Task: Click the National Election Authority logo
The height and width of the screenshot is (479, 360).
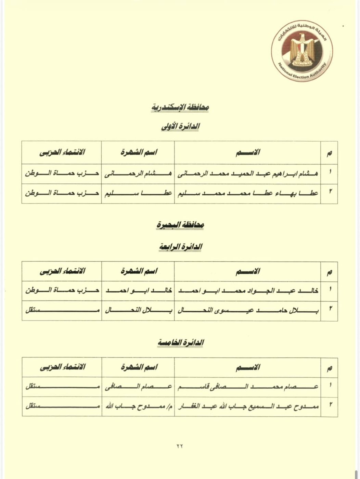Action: coord(301,53)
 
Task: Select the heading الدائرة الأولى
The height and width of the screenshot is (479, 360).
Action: coord(180,127)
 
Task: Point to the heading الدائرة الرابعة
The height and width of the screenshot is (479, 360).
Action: coord(180,247)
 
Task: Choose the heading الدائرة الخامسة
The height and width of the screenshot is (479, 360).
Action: coord(180,343)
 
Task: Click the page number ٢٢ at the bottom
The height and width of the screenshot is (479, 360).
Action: coord(180,446)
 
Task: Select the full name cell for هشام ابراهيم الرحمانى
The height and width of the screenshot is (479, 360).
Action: coord(248,174)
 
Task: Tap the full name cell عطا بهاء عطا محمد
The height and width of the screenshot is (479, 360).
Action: coord(248,193)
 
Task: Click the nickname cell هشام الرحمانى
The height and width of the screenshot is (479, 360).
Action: coord(138,174)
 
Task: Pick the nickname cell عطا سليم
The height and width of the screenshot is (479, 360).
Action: coord(138,193)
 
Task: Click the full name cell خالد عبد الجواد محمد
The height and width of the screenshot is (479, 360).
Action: coord(248,290)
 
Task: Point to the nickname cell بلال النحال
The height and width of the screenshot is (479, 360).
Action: coord(138,310)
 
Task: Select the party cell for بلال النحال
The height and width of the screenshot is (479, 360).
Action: coord(62,310)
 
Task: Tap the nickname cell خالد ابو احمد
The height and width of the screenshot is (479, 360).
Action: coord(138,290)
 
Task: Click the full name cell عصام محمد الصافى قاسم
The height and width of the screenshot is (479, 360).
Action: coord(248,387)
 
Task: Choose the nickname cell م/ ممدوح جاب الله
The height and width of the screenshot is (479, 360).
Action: coord(138,406)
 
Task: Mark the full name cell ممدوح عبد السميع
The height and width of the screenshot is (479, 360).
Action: coord(248,406)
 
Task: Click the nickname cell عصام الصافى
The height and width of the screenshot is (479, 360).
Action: coord(138,387)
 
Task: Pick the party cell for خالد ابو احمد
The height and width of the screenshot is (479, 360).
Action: coord(62,290)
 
